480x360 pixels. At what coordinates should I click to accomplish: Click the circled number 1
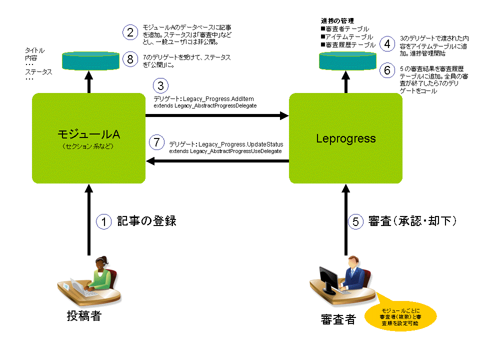[104, 221]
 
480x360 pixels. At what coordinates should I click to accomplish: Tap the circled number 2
[130, 32]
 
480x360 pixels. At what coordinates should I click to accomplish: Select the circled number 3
[160, 85]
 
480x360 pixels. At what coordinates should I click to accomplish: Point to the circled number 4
[387, 44]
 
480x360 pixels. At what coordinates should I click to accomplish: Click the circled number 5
[355, 221]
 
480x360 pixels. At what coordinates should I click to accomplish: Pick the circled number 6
[387, 70]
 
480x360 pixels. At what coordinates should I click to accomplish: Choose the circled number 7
[156, 142]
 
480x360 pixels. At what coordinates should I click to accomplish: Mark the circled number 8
[130, 59]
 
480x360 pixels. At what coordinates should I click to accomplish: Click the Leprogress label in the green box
[346, 138]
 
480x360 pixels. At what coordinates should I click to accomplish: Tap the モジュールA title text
[89, 134]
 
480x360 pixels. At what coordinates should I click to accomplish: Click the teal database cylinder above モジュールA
[90, 61]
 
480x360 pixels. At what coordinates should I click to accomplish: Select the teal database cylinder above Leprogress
[347, 61]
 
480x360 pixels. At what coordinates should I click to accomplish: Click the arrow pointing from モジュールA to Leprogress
[217, 115]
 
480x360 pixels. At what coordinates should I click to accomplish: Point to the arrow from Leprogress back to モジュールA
[217, 161]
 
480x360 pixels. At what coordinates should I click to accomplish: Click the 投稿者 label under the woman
[84, 316]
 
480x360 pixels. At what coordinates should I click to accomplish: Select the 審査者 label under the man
[338, 319]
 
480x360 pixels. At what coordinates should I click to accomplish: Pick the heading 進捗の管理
[337, 21]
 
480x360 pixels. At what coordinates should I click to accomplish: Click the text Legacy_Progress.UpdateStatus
[241, 144]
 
